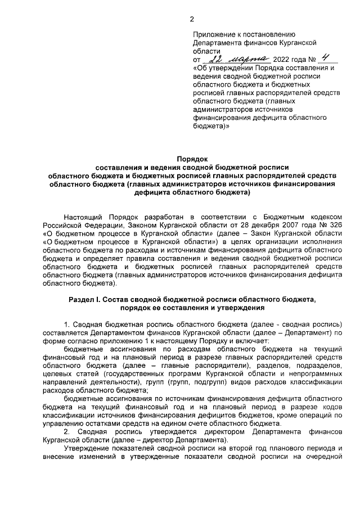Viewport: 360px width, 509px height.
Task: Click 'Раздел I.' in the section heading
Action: [85, 300]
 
